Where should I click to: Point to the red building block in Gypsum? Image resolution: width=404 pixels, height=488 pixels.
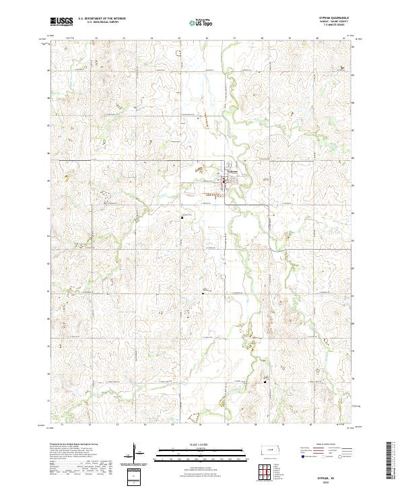click(x=224, y=180)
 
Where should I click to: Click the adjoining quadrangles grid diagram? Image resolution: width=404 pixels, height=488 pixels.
click(x=266, y=472)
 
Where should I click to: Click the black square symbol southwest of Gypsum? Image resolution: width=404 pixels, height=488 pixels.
click(x=182, y=217)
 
